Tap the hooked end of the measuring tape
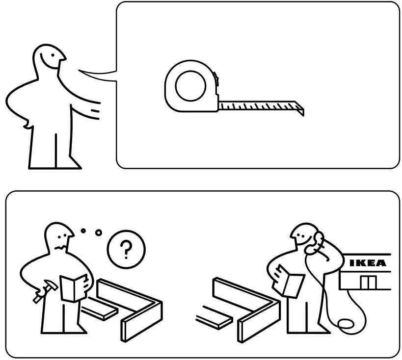300,109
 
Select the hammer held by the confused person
40,294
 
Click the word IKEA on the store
367,263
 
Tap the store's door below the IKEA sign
367,282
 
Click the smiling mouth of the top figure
53,61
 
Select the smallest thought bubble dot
83,230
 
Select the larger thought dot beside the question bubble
99,232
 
